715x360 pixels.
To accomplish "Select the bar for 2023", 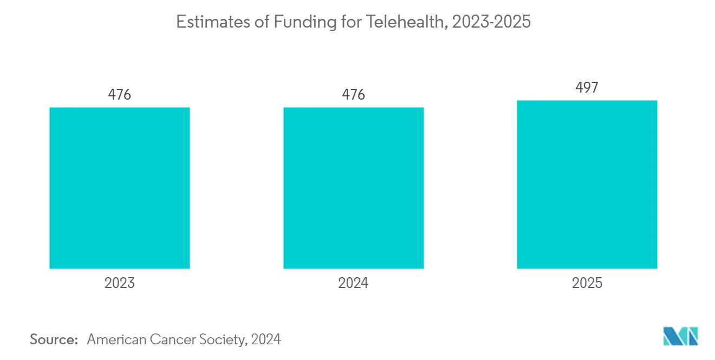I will [x=120, y=188].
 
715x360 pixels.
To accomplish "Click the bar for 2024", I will [x=353, y=188].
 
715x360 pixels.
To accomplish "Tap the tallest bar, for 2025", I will [x=587, y=185].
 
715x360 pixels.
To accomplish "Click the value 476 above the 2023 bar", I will [x=120, y=94].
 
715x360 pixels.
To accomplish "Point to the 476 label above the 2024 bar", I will [x=353, y=94].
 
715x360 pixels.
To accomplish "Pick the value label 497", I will [x=587, y=87].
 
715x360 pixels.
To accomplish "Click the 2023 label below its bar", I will [x=120, y=283].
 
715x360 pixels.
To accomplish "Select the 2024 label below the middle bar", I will [x=353, y=283].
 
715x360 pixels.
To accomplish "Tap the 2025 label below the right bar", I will [x=587, y=283].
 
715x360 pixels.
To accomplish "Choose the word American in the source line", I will [x=116, y=339].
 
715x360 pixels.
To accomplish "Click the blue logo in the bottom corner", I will [x=681, y=336].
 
